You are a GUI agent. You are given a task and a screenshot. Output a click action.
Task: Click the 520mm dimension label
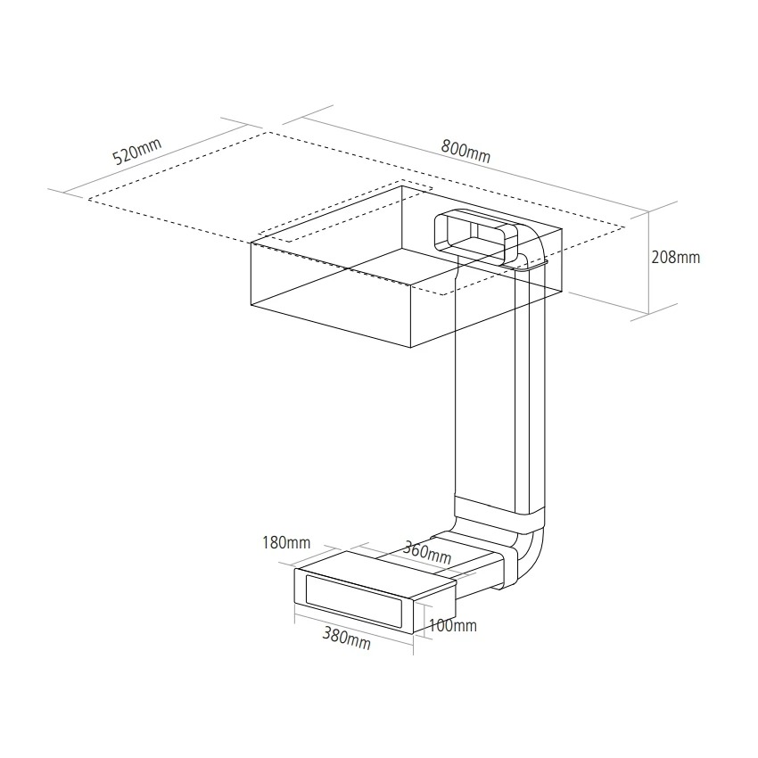pyautogui.click(x=136, y=151)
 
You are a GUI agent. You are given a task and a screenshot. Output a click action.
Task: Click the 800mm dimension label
pyautogui.click(x=466, y=151)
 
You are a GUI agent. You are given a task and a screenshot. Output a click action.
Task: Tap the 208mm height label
pyautogui.click(x=675, y=257)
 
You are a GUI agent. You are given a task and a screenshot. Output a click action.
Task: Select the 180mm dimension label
pyautogui.click(x=286, y=542)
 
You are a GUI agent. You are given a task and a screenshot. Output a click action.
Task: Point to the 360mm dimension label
pyautogui.click(x=427, y=553)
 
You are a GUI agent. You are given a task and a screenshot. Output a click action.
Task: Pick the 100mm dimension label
pyautogui.click(x=452, y=625)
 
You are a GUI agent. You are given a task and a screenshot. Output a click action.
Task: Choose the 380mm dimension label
pyautogui.click(x=347, y=639)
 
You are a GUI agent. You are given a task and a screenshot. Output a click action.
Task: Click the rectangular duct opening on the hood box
pyautogui.click(x=476, y=238)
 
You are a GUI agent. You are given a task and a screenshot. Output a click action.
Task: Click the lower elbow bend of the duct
pyautogui.click(x=530, y=556)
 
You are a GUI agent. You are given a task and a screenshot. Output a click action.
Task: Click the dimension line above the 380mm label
pyautogui.click(x=354, y=629)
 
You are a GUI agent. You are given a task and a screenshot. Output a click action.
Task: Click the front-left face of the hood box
pyautogui.click(x=330, y=295)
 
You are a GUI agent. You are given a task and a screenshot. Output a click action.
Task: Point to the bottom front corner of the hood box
pyautogui.click(x=410, y=348)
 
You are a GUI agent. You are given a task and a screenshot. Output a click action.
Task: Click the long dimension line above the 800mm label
pyautogui.click(x=473, y=164)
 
